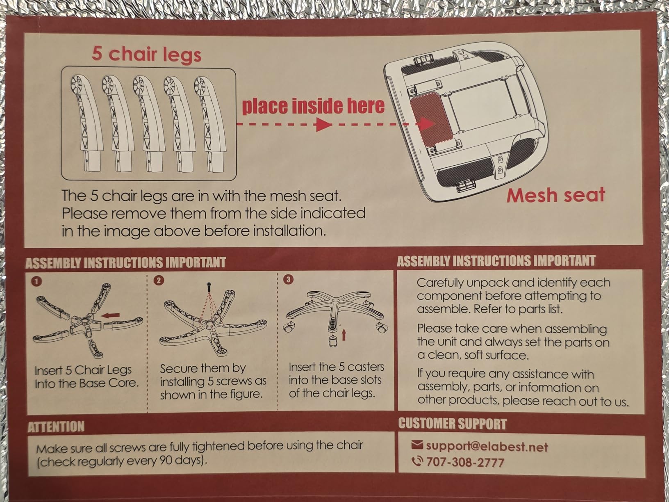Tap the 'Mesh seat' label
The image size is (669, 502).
tap(555, 195)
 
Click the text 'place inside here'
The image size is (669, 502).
tap(313, 106)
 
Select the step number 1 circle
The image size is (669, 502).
tap(36, 281)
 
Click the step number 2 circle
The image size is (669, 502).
tap(159, 280)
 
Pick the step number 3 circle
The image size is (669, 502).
tap(288, 279)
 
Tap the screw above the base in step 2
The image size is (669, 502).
tap(209, 287)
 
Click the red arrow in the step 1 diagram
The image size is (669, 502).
tap(110, 315)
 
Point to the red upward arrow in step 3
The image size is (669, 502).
tap(344, 334)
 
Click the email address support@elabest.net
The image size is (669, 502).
tap(487, 446)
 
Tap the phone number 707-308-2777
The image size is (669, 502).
tap(465, 462)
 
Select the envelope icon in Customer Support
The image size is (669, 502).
tap(416, 445)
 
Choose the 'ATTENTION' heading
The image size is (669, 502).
tap(56, 427)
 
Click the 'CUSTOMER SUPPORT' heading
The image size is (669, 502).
tap(452, 424)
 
